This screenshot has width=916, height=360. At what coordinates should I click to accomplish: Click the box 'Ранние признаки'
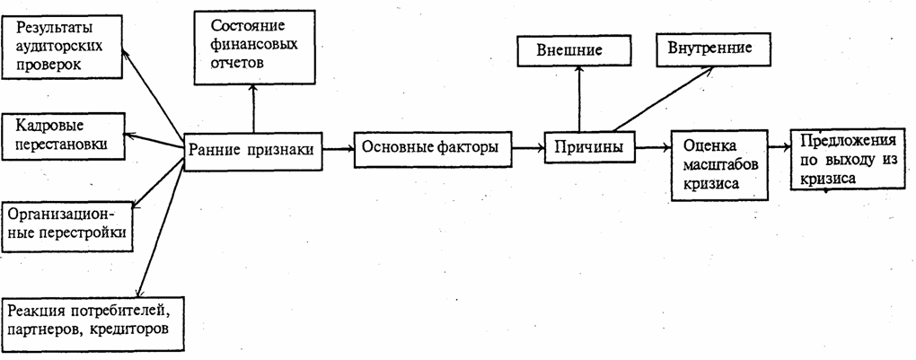(x=253, y=151)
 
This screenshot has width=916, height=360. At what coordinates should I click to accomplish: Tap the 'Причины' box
(x=584, y=145)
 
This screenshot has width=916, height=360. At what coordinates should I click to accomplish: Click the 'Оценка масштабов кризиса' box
(x=721, y=163)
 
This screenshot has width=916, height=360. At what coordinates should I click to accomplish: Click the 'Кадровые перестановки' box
(x=62, y=136)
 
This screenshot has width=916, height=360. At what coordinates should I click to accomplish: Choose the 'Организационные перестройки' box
(x=66, y=225)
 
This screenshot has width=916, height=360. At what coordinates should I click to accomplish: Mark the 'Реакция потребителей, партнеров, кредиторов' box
(x=93, y=320)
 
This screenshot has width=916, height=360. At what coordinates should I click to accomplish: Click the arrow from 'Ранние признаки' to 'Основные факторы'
(x=339, y=147)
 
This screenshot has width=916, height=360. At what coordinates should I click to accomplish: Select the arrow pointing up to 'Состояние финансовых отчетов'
(x=253, y=108)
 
